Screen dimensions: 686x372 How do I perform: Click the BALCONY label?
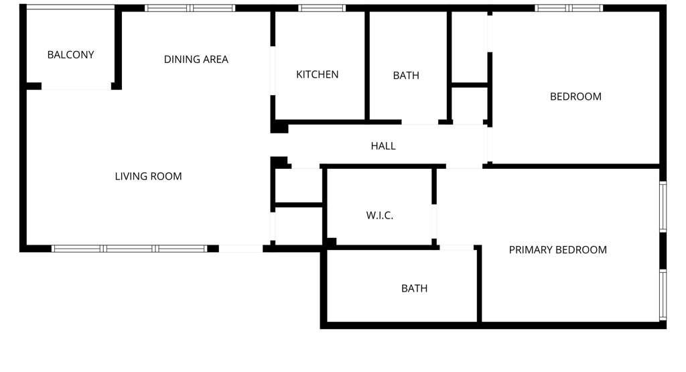point(70,55)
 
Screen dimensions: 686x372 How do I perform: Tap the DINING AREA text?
point(196,59)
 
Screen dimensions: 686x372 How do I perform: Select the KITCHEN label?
point(317,74)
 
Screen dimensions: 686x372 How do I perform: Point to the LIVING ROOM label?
point(148,176)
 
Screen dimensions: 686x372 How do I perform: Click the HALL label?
point(383,146)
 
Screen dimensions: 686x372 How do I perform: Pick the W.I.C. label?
point(380,215)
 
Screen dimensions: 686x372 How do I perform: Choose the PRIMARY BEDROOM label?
point(558,250)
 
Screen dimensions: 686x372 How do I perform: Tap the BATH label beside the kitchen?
point(406,75)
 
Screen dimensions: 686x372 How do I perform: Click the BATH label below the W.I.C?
point(414,288)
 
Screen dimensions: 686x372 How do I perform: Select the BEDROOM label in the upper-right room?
point(575,97)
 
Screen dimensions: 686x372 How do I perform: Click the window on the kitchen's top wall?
point(322,8)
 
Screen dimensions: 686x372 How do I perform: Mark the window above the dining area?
point(190,8)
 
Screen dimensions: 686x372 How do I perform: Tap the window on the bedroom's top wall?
point(569,8)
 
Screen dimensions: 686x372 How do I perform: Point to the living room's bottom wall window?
point(129,249)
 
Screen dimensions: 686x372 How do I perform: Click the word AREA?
point(214,59)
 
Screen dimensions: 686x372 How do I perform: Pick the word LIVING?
point(132,176)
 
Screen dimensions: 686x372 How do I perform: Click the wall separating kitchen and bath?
point(367,66)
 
